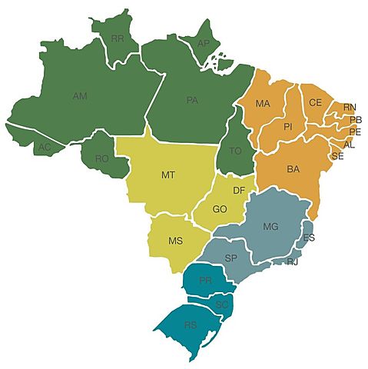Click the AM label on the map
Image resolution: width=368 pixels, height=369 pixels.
[79, 96]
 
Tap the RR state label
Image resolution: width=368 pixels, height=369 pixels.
[118, 38]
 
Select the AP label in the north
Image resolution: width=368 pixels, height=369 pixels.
[204, 43]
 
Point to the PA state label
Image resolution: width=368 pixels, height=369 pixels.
[192, 99]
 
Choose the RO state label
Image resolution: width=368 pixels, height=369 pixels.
[102, 158]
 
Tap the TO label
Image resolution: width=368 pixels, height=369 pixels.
[235, 151]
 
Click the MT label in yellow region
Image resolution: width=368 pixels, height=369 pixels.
[168, 175]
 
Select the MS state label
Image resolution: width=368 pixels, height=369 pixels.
[175, 241]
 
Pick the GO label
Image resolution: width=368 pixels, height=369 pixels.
[220, 208]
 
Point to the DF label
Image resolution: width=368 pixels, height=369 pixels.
[238, 189]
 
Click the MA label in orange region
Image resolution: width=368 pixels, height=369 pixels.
[263, 103]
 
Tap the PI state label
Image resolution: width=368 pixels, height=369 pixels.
[288, 126]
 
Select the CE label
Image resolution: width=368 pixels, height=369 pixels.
[315, 102]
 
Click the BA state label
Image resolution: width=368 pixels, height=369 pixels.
[293, 168]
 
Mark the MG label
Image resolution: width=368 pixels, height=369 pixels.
[270, 226]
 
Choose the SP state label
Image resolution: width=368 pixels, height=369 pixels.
[231, 257]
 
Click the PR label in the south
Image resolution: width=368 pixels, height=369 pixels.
[205, 281]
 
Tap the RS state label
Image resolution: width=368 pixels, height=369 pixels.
[191, 325]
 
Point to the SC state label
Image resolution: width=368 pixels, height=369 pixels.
[222, 304]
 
